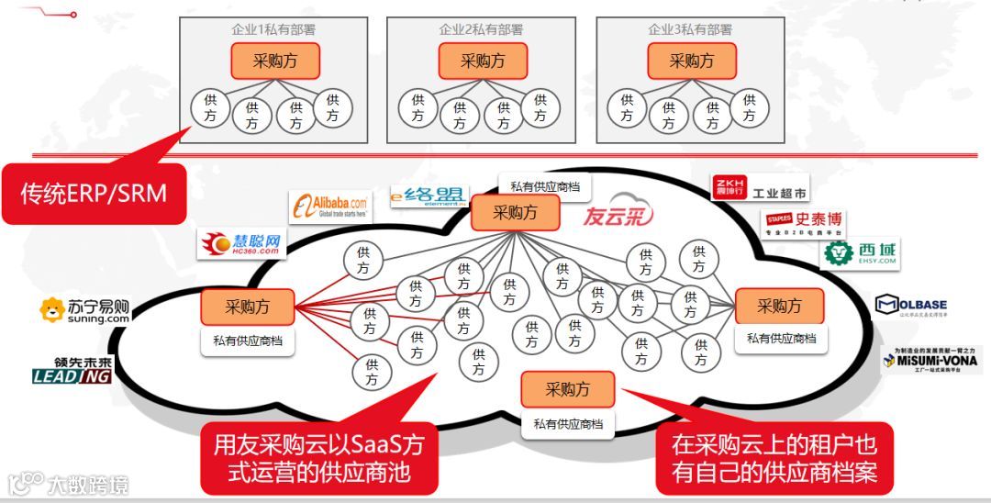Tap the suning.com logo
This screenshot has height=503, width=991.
(84, 311)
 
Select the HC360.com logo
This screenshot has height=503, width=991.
(241, 242)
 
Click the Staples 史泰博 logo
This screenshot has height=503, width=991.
(804, 222)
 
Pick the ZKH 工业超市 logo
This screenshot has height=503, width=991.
(762, 188)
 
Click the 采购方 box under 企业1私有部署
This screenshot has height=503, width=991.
(274, 61)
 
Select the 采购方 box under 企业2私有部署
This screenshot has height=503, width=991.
(483, 61)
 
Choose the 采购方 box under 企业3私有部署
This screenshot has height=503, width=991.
(692, 61)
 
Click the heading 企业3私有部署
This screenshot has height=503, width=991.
(690, 29)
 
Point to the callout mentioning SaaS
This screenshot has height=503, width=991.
(319, 458)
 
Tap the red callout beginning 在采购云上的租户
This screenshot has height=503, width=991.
(774, 458)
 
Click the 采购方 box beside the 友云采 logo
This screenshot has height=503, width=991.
(515, 213)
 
